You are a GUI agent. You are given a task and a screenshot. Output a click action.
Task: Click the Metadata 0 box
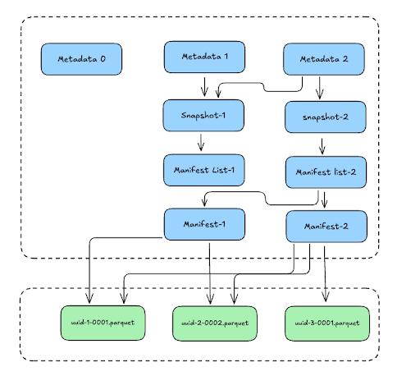point(81,59)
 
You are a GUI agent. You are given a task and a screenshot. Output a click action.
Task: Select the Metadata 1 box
point(204,57)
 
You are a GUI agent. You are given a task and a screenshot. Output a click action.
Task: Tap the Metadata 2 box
point(324,59)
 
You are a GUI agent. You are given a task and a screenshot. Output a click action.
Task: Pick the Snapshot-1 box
point(203,115)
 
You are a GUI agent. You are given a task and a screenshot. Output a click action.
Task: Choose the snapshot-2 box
point(326,117)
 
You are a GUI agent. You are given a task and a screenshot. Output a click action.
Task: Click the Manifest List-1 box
point(204,170)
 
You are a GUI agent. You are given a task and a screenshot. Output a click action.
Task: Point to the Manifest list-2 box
point(326,172)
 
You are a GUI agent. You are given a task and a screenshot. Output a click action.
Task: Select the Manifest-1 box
point(204,224)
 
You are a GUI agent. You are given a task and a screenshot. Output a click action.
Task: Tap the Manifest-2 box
point(326,227)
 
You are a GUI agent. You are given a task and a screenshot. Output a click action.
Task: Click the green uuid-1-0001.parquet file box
point(103,323)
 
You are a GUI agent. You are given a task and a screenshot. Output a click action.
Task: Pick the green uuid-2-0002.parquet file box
point(215,323)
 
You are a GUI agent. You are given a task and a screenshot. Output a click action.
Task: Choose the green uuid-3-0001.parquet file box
point(327,323)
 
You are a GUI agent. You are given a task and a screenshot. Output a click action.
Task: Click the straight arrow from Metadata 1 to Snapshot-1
point(204,87)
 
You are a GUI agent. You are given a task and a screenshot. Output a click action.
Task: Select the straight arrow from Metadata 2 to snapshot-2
point(320,88)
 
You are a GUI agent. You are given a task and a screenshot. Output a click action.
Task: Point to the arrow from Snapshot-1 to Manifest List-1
point(201,142)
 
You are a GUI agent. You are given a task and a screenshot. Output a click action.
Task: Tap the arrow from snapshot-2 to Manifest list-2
point(322,146)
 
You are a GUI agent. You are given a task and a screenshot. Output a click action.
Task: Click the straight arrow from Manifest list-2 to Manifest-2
point(324,200)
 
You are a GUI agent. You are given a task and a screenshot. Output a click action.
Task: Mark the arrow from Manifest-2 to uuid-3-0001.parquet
point(325,273)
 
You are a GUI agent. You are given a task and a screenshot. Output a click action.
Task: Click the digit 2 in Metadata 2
point(345,59)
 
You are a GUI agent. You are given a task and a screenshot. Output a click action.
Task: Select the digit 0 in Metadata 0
point(103,59)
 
